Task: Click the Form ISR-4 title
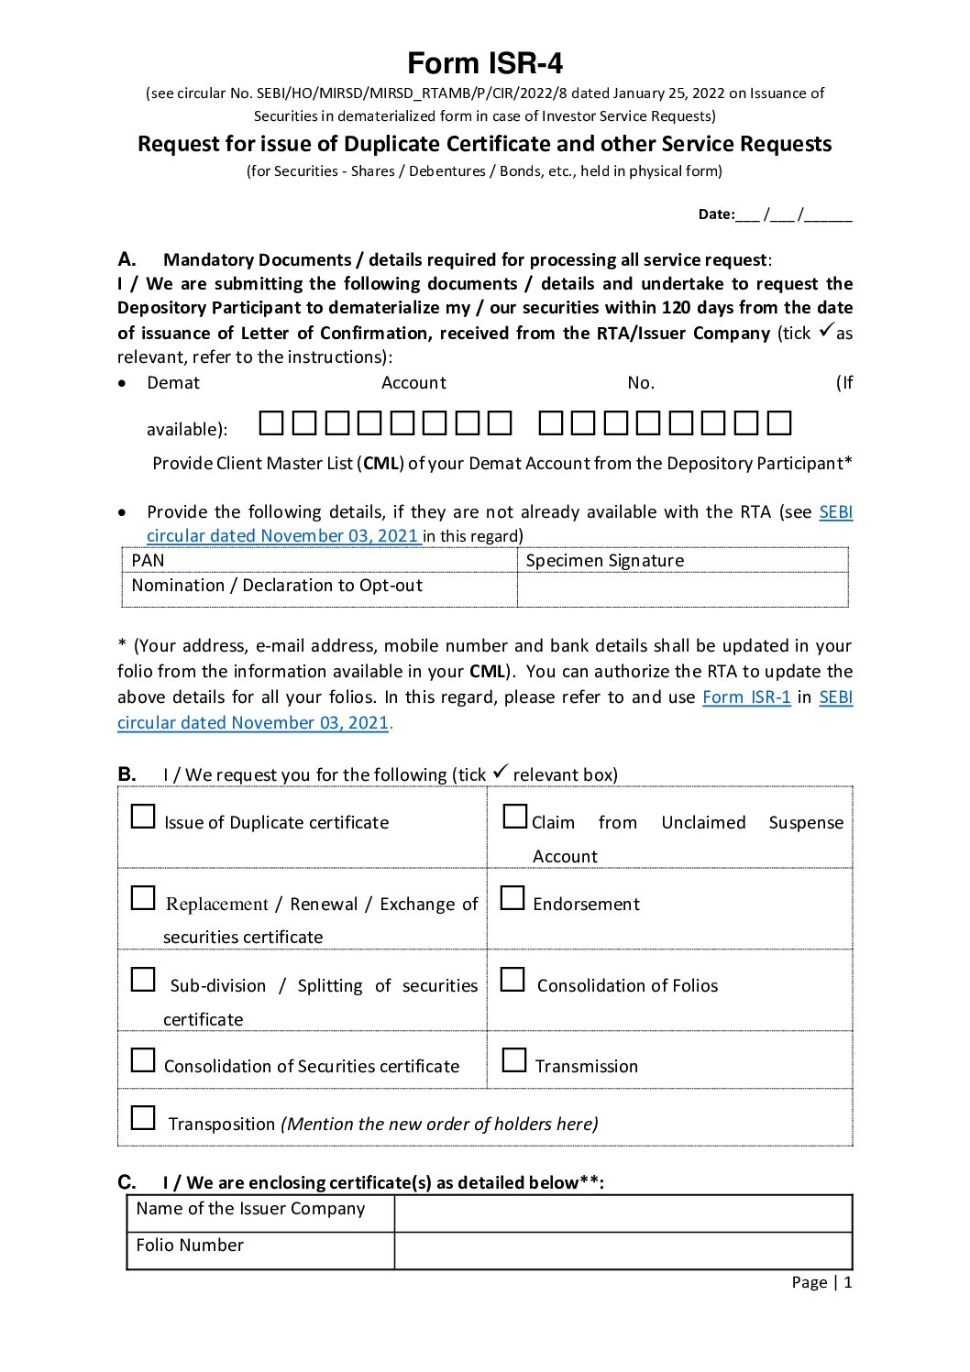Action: pyautogui.click(x=485, y=63)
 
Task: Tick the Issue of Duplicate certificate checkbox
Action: pyautogui.click(x=143, y=817)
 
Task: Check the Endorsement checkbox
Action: pyautogui.click(x=513, y=898)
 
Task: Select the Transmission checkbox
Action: pyautogui.click(x=514, y=1060)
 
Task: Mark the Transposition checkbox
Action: pyautogui.click(x=143, y=1118)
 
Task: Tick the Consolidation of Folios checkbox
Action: pyautogui.click(x=513, y=980)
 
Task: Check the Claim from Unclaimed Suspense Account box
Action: pyautogui.click(x=515, y=817)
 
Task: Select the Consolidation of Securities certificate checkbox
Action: pyautogui.click(x=143, y=1060)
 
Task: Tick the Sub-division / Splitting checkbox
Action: pyautogui.click(x=143, y=980)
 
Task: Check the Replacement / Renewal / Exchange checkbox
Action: pyautogui.click(x=143, y=898)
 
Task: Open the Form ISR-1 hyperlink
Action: pyautogui.click(x=746, y=697)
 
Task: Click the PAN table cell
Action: pyautogui.click(x=319, y=560)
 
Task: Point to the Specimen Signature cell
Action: pyautogui.click(x=682, y=560)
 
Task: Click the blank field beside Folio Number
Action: pyautogui.click(x=623, y=1250)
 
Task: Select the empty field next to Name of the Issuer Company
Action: pyautogui.click(x=623, y=1213)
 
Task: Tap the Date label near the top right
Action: pyautogui.click(x=716, y=214)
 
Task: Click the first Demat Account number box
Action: pyautogui.click(x=271, y=423)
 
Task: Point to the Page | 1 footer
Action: pyautogui.click(x=821, y=1282)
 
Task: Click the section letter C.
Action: pyautogui.click(x=127, y=1181)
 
